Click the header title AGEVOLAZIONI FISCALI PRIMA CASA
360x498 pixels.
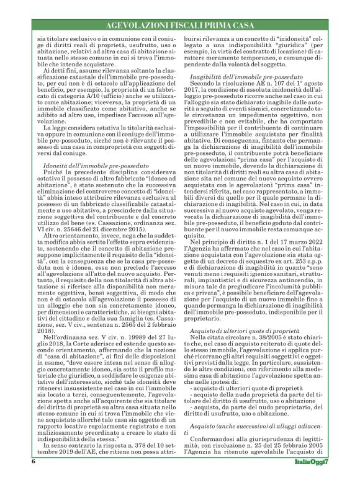click(x=180, y=27)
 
